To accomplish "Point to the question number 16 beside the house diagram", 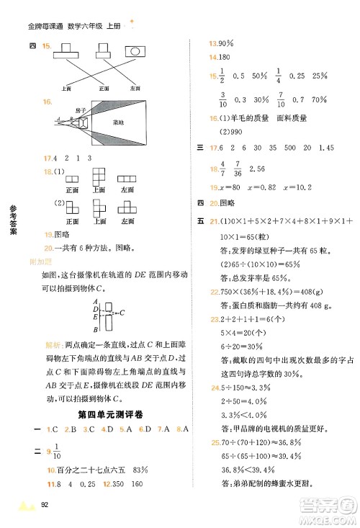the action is (x=48, y=103).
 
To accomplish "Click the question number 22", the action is (x=213, y=292).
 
